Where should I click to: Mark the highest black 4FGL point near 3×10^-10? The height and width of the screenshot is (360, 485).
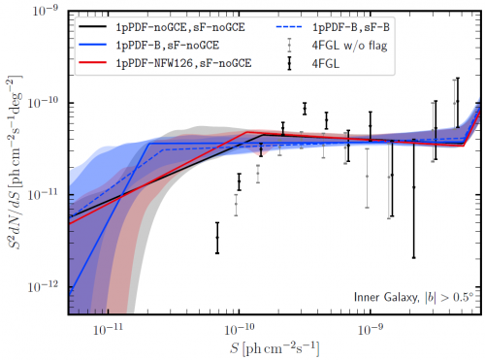coord(305,108)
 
